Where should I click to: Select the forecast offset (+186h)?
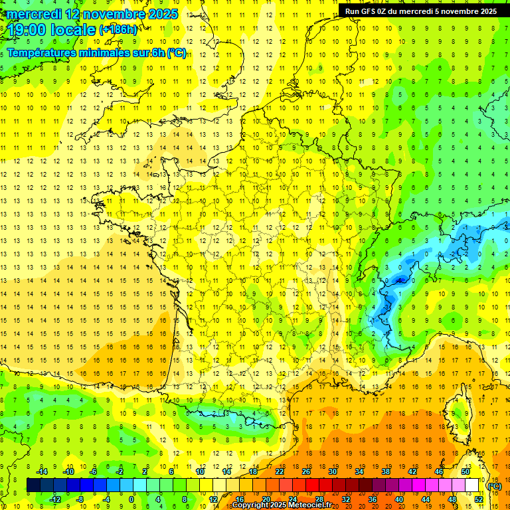pos(118,30)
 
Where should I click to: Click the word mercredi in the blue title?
pos(34,13)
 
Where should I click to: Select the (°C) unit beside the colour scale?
pos(494,486)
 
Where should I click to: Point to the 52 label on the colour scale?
pos(479,499)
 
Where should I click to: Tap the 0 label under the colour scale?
pos(132,499)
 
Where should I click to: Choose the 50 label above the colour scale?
pos(465,471)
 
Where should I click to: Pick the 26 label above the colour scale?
pos(306,471)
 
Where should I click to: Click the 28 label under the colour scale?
pos(319,499)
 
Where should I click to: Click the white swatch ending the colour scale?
pos(471,485)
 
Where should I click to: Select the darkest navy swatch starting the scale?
pos(33,485)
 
